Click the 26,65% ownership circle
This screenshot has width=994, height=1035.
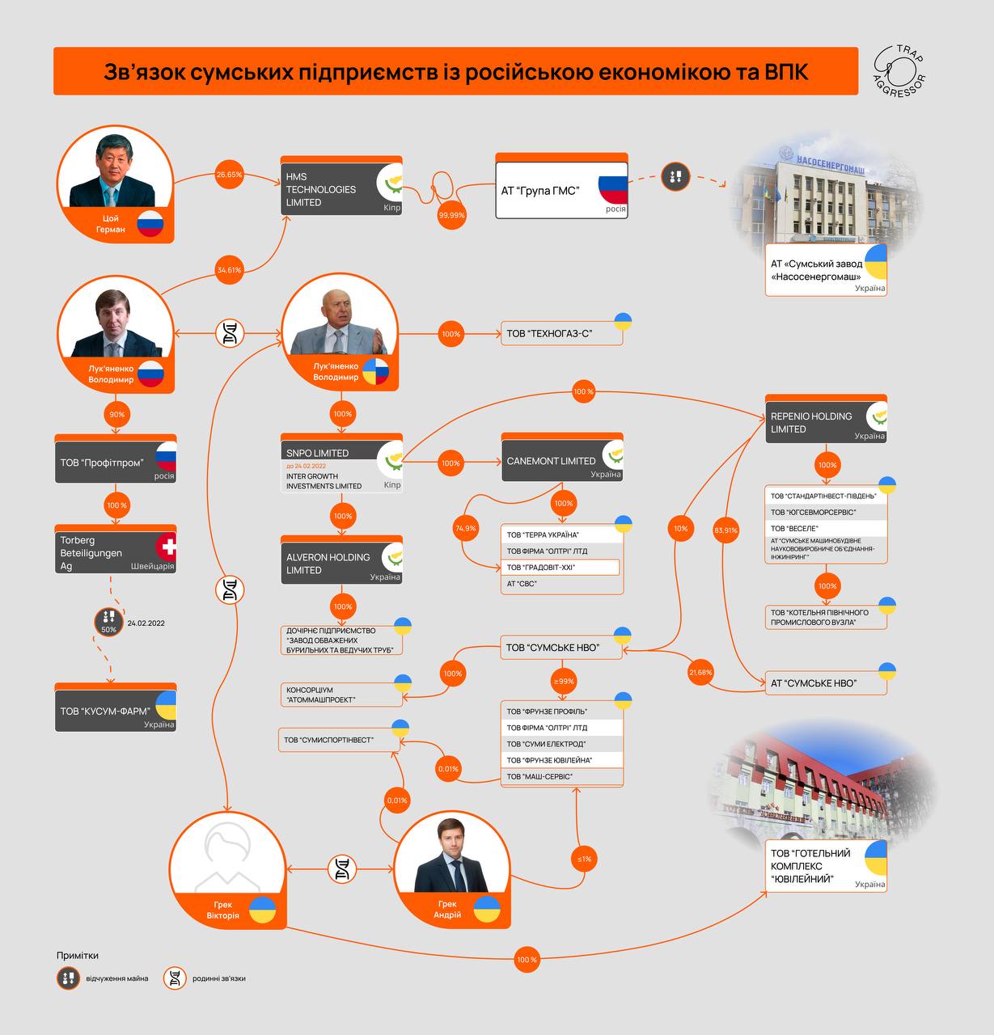pos(230,175)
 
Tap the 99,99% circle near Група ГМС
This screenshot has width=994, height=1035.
pos(451,215)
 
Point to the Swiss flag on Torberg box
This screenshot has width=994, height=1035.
pos(167,547)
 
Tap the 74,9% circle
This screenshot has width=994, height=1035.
pos(465,528)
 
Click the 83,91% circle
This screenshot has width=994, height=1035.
pos(725,530)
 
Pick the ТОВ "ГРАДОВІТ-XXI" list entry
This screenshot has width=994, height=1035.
pos(560,567)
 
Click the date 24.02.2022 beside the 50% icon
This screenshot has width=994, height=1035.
pos(146,623)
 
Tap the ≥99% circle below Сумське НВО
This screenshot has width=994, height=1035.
pos(564,681)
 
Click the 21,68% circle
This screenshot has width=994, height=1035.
pos(700,672)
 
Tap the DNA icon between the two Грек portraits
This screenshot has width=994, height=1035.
pos(341,869)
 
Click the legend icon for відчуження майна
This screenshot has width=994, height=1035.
pos(68,978)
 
